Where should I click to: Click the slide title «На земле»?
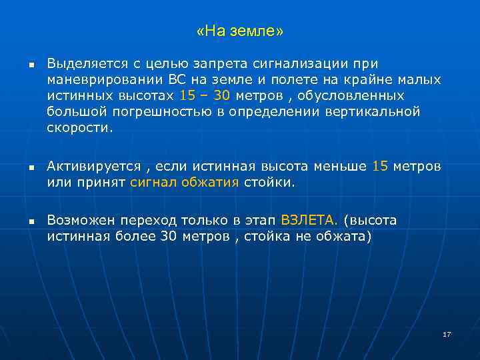[x=240, y=31]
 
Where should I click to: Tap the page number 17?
[x=447, y=334]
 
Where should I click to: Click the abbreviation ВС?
[x=179, y=80]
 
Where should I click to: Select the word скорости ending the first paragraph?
[x=79, y=127]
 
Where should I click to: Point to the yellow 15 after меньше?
[x=379, y=167]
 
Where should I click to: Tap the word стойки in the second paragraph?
[x=269, y=182]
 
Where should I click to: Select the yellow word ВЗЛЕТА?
[x=310, y=220]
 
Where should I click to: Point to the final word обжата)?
[x=342, y=236]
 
